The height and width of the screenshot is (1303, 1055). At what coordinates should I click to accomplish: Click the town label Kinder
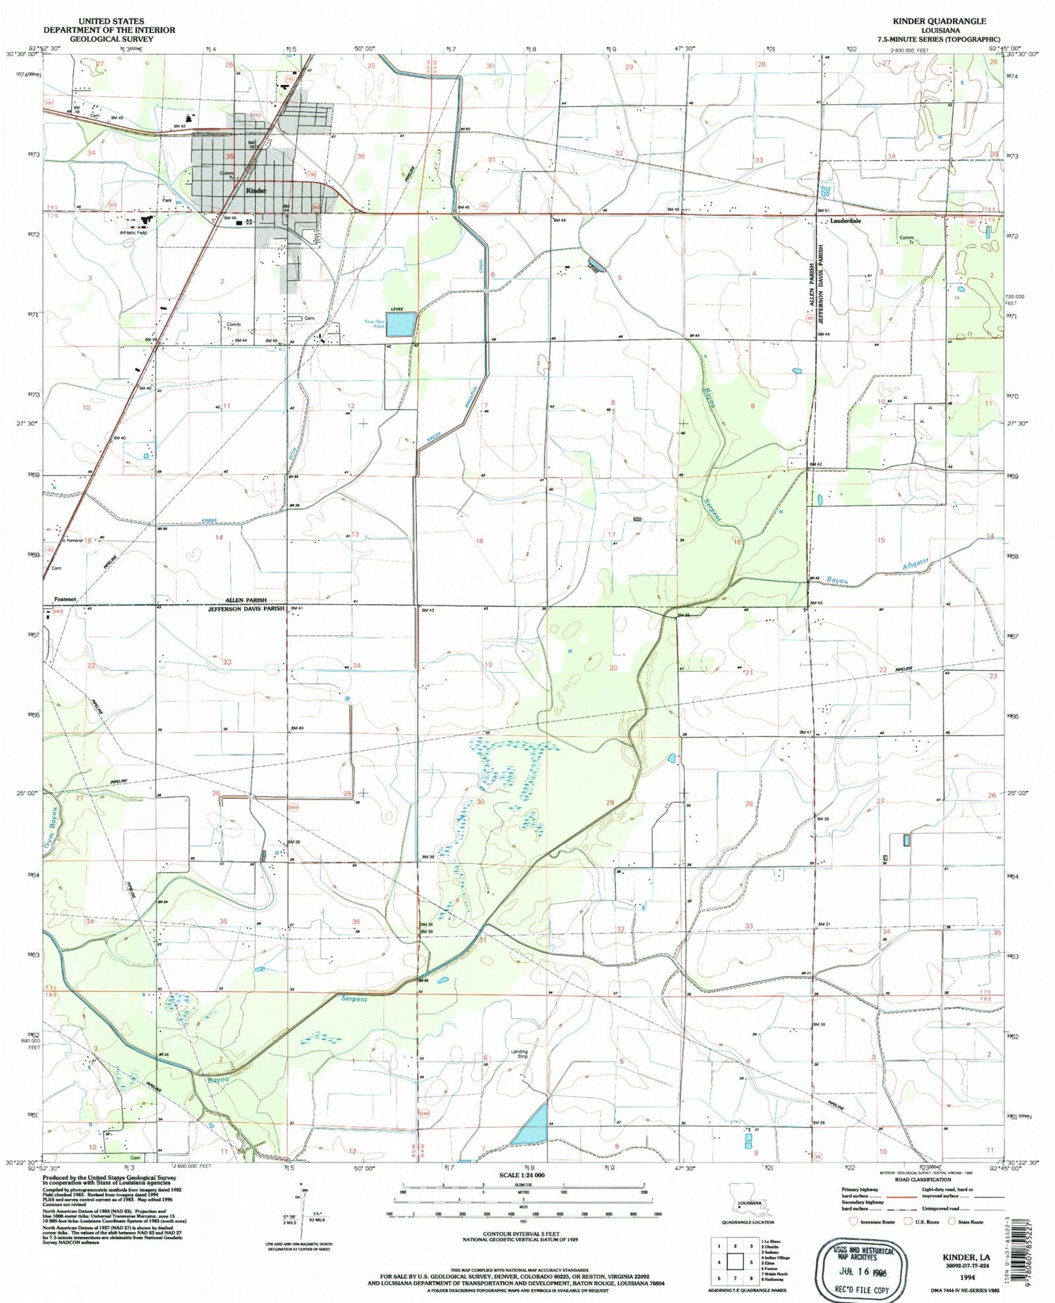255,191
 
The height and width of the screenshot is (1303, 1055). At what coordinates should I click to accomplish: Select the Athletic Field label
133,232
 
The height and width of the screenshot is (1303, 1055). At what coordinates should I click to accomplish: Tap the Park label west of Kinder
167,200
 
